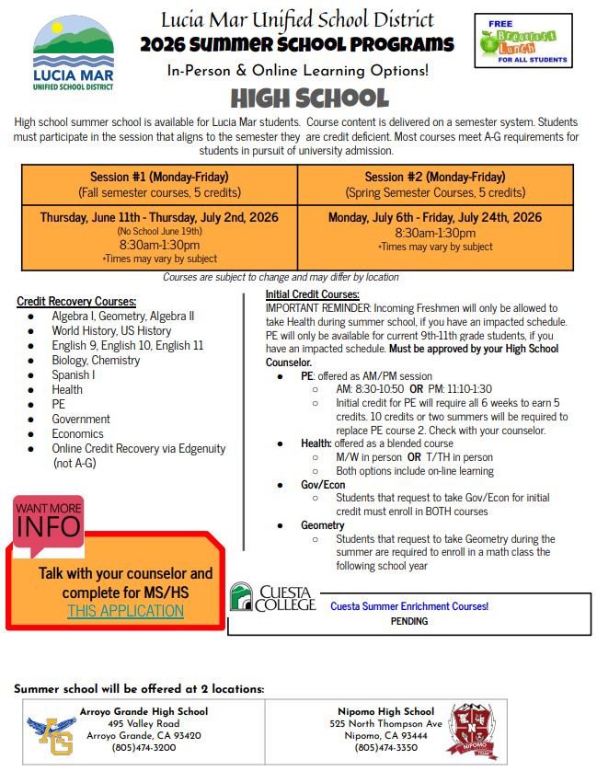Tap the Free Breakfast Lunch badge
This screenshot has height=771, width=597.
pos(522,40)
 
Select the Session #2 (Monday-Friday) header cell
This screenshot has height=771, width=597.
pos(435,185)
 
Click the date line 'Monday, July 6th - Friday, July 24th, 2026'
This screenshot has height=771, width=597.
pos(435,218)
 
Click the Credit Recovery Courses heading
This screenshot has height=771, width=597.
pos(76,302)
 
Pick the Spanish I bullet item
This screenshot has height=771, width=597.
pos(74,374)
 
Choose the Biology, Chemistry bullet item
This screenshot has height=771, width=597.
pos(96,360)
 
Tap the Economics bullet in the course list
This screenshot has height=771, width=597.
pos(77,433)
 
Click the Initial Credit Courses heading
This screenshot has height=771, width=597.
pos(306,294)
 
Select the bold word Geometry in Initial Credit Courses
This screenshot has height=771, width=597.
pos(323,525)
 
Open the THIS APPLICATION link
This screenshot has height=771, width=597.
pos(125,611)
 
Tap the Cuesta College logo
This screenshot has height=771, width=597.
pos(272,598)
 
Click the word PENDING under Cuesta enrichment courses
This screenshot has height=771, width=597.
pos(409,621)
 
